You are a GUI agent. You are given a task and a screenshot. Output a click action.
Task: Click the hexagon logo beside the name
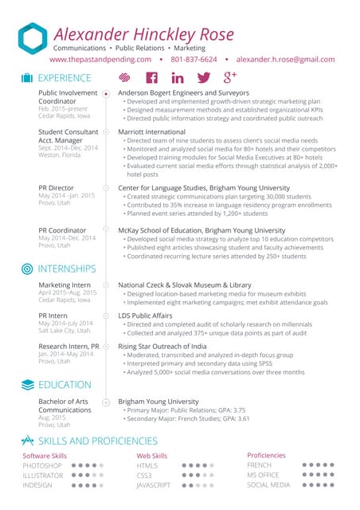pyautogui.click(x=33, y=39)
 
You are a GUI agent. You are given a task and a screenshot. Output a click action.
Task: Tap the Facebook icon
pyautogui.click(x=151, y=78)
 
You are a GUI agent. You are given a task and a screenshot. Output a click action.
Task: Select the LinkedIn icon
pyautogui.click(x=177, y=78)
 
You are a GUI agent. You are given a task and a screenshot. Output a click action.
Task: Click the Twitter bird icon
pyautogui.click(x=203, y=78)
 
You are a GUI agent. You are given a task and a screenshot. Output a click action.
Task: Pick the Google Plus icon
pyautogui.click(x=231, y=77)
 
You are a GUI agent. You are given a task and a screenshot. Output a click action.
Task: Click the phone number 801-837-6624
pyautogui.click(x=194, y=59)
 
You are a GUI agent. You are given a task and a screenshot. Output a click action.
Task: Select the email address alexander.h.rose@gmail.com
pyautogui.click(x=286, y=59)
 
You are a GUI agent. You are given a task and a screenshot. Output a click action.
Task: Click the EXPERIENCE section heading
pyautogui.click(x=65, y=78)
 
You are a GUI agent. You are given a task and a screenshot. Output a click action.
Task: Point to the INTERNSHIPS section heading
pyautogui.click(x=67, y=269)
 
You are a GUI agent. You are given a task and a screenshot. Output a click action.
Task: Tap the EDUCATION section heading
pyautogui.click(x=65, y=385)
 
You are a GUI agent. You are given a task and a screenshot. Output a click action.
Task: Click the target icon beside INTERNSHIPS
pyautogui.click(x=27, y=269)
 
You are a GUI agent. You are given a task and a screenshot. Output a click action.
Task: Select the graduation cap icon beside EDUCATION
pyautogui.click(x=27, y=385)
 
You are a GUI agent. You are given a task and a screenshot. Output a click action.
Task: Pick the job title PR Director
pyautogui.click(x=56, y=188)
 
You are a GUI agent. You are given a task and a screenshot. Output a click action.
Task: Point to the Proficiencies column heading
pyautogui.click(x=266, y=455)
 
